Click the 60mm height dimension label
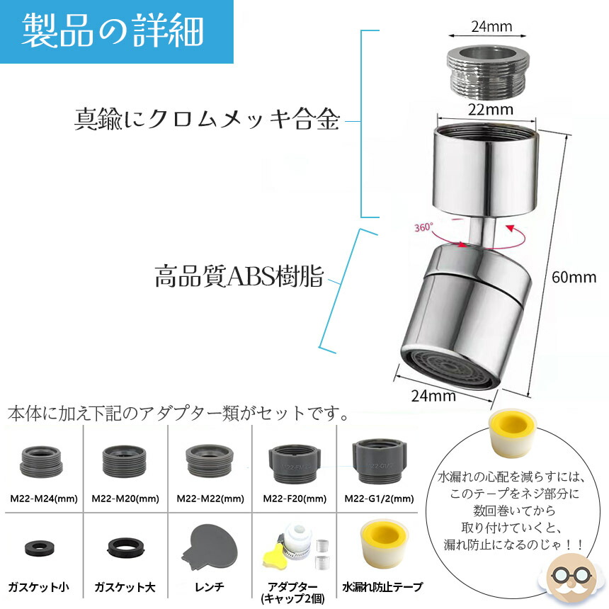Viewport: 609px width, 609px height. point(574,278)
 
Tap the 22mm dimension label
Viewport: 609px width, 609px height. point(490,110)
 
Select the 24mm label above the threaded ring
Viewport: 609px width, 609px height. point(491,26)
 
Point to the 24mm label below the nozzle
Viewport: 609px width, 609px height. point(433,396)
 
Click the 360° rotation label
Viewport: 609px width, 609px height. point(423,227)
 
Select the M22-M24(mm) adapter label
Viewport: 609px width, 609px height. point(44,499)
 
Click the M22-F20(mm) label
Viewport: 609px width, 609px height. point(295,499)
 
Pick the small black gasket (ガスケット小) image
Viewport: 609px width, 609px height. point(39,548)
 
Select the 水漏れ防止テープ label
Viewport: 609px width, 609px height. point(382,587)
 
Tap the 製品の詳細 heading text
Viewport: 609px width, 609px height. point(113,30)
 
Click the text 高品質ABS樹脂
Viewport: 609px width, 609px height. point(239,276)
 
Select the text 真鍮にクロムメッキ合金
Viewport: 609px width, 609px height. point(207,119)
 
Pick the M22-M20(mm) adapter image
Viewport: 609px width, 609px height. point(125,462)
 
